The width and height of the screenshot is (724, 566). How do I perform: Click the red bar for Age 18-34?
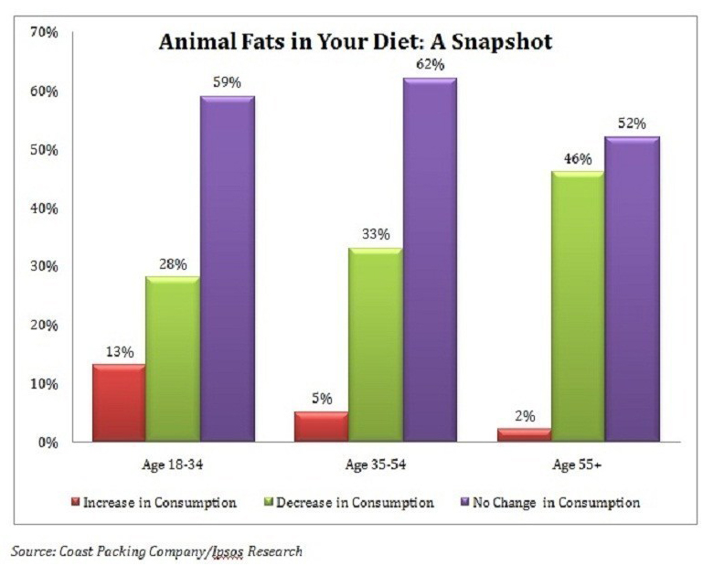(x=119, y=403)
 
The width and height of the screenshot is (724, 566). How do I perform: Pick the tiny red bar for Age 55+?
(x=524, y=435)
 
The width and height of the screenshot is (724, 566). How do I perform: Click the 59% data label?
(x=227, y=82)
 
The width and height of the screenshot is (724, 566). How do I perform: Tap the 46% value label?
(x=577, y=158)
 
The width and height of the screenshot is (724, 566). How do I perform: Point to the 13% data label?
(x=119, y=351)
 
